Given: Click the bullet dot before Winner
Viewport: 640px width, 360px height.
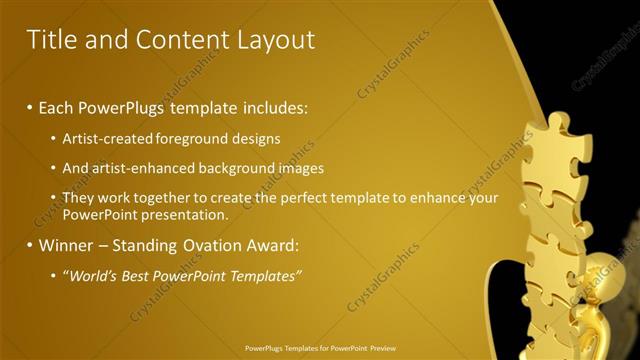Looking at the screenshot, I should [x=30, y=246].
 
